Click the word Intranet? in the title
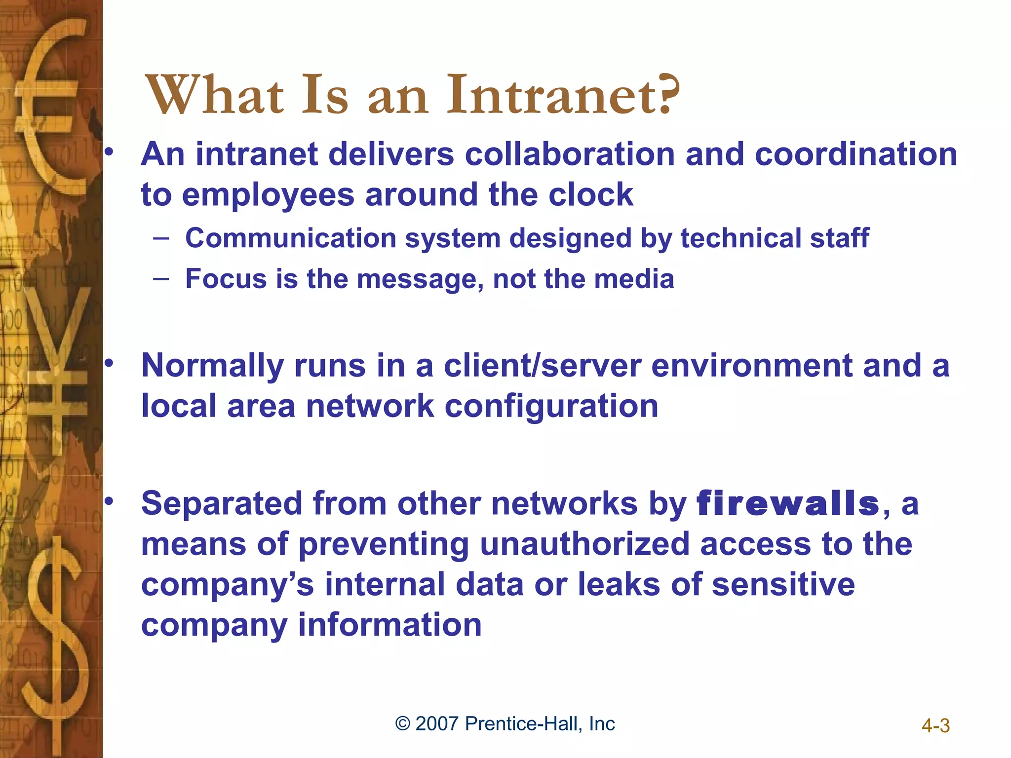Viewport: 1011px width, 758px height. pos(563,95)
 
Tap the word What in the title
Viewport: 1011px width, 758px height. pos(215,95)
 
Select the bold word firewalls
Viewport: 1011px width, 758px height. pos(787,504)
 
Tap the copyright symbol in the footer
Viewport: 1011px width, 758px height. pos(403,724)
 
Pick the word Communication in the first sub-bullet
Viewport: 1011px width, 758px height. pos(291,238)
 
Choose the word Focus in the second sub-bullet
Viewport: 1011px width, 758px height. pos(226,279)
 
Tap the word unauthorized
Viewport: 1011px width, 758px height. pos(584,544)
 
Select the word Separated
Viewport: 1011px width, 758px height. pos(222,504)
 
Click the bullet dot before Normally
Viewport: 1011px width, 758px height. pos(109,364)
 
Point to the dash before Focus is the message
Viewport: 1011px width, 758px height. pos(161,279)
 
